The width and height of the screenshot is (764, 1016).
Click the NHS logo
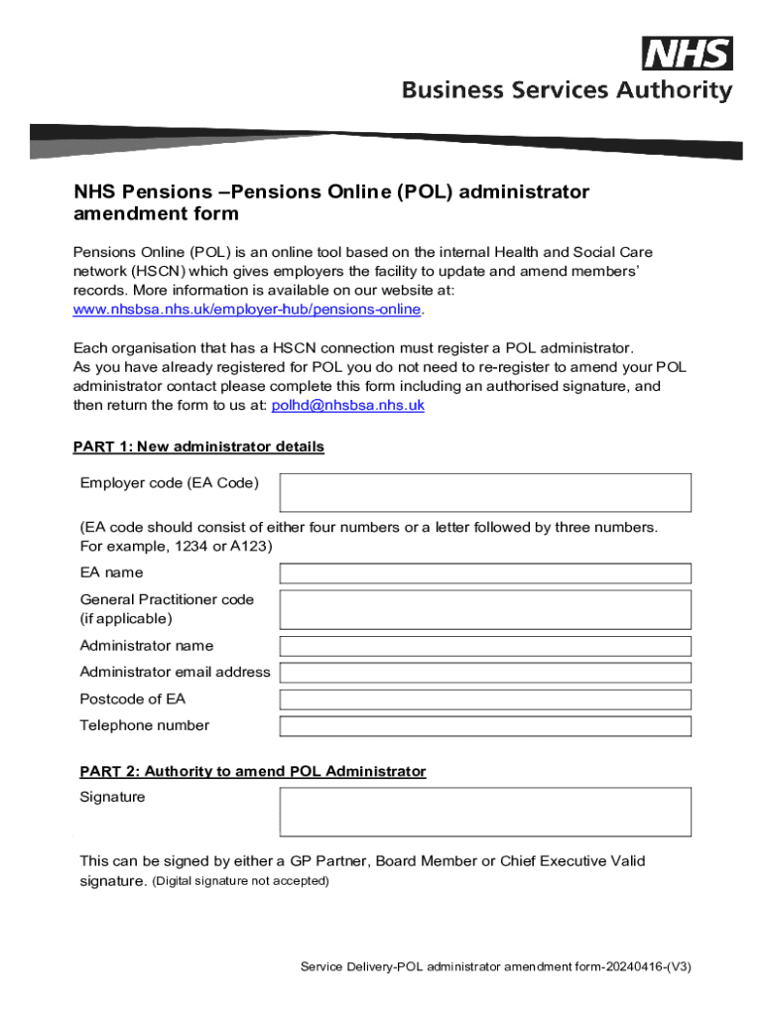point(688,54)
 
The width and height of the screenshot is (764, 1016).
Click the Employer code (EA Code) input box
point(485,492)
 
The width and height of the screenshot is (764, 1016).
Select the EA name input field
point(485,573)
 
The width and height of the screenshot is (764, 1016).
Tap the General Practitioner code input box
point(485,609)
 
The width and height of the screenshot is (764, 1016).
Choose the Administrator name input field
point(485,647)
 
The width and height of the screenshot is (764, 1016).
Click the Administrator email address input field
point(485,673)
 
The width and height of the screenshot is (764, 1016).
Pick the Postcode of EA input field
point(485,699)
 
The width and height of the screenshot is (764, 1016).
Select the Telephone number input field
point(485,726)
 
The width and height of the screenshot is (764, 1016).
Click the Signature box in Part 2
point(485,812)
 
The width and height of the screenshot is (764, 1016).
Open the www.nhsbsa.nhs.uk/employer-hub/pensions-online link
point(248,310)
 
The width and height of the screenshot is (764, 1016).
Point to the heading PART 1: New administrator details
point(198,447)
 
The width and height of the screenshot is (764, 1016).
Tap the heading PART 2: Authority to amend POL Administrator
point(253,772)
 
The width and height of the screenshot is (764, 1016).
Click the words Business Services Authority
point(567,91)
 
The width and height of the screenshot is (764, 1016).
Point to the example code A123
point(251,547)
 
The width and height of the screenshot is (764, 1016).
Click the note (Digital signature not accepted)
point(240,881)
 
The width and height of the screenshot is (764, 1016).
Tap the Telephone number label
point(145,725)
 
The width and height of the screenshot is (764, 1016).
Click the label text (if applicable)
point(126,619)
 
